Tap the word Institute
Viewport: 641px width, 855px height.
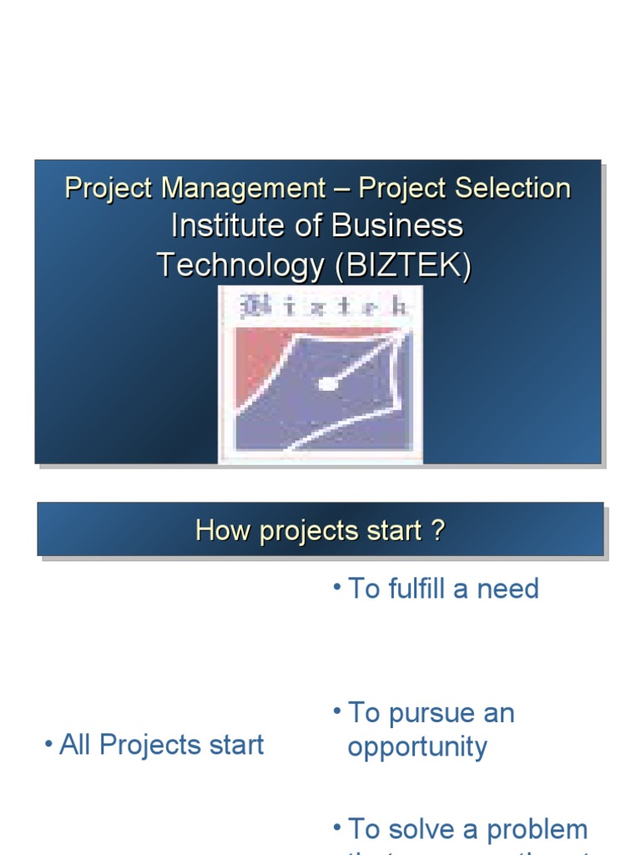pyautogui.click(x=218, y=225)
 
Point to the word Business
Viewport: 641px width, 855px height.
pyautogui.click(x=396, y=225)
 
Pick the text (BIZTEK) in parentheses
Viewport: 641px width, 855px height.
pyautogui.click(x=402, y=265)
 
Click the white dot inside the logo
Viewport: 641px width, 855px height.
pyautogui.click(x=328, y=384)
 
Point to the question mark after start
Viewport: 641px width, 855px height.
pyautogui.click(x=438, y=530)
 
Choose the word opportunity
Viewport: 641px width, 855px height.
pyautogui.click(x=416, y=747)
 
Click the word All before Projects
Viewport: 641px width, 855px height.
pyautogui.click(x=75, y=745)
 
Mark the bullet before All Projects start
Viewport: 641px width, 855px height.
pyautogui.click(x=48, y=743)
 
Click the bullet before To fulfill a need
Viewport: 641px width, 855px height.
pyautogui.click(x=336, y=587)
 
